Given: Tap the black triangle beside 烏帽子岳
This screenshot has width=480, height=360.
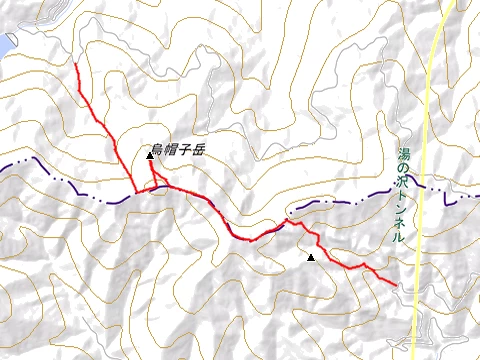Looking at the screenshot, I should click(150, 155).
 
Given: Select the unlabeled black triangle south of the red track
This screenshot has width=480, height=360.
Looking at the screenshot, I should click(311, 259).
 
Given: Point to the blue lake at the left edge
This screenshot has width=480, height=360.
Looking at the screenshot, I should click(6, 44).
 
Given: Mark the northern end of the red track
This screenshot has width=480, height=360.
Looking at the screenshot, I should click(76, 66).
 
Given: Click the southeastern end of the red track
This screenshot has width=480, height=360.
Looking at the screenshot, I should click(395, 285).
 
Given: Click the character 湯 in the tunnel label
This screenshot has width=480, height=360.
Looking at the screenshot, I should click(402, 155).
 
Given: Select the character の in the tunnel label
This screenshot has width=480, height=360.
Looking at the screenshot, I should click(402, 169).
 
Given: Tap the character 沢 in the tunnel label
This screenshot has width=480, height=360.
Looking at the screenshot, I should click(402, 183).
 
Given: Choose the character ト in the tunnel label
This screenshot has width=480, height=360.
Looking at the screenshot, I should click(402, 197).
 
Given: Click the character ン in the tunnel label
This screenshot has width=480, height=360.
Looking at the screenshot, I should click(402, 211).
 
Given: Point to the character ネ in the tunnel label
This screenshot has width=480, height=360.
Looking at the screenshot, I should click(402, 225).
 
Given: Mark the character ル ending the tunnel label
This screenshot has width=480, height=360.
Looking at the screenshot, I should click(402, 239).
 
